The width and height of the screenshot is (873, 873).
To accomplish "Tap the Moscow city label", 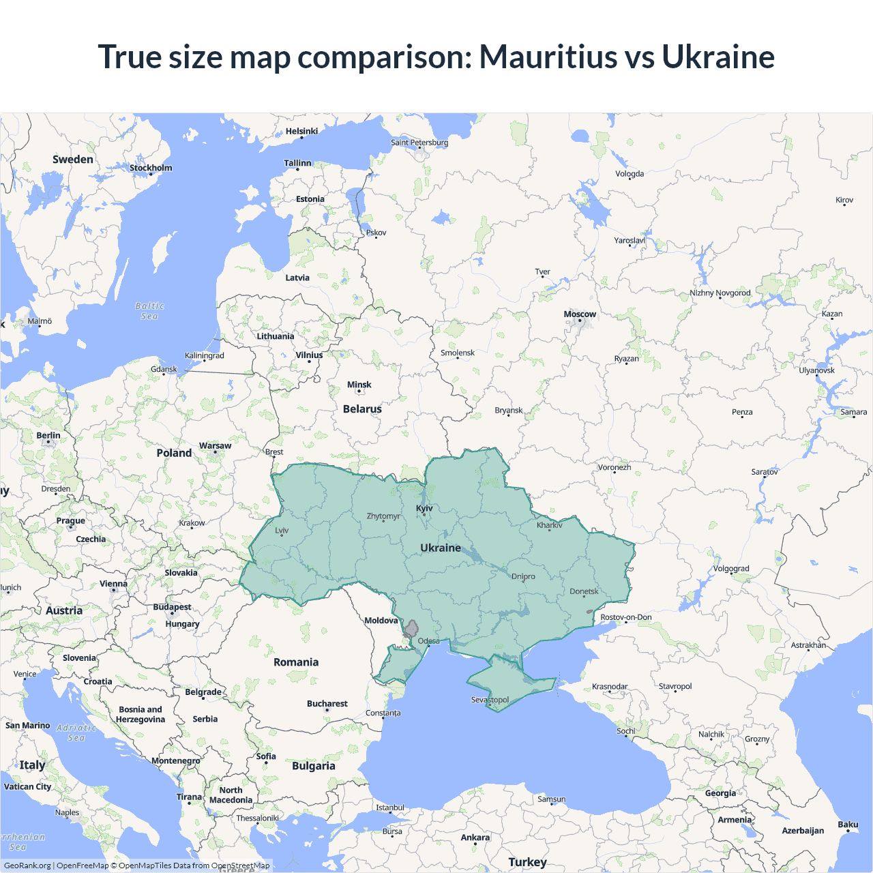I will (580, 314).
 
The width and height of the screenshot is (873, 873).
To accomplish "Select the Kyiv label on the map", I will (424, 508).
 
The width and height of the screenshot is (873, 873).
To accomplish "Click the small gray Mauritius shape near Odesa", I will (411, 629).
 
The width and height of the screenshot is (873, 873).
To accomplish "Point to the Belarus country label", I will (362, 409).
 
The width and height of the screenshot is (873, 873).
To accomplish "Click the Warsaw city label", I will (215, 446).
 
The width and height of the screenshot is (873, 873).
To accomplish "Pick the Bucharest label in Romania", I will (327, 704).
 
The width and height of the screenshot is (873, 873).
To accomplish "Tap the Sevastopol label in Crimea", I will (490, 700).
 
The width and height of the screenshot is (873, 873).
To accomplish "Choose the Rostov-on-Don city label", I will (625, 617).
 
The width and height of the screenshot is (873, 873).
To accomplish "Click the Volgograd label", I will (731, 569).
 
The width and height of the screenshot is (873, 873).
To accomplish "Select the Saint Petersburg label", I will (419, 143).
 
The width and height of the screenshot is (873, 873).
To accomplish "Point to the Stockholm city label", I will (151, 168).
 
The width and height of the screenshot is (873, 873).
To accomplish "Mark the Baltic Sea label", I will (150, 311).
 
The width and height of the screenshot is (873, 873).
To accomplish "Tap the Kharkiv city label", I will (549, 525).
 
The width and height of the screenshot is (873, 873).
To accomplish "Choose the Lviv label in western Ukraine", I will (282, 531).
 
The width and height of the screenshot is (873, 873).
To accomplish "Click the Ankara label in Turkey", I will (475, 838).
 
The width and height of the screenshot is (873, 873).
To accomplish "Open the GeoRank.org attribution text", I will (27, 865).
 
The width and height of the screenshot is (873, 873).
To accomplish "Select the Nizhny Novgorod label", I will (720, 293).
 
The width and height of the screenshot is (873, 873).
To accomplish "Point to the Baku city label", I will (848, 825).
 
